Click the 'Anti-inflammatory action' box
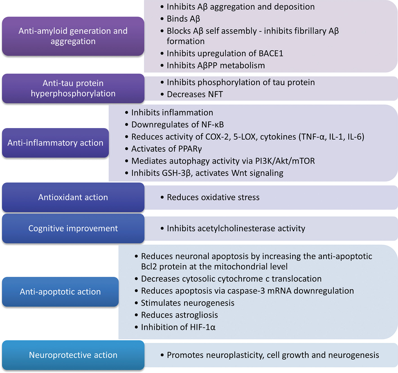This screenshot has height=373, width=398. [55, 143]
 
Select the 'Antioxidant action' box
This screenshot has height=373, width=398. [73, 197]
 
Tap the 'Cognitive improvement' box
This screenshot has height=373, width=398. [73, 228]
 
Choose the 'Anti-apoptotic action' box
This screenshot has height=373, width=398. [60, 292]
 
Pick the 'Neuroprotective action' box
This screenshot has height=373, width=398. [73, 355]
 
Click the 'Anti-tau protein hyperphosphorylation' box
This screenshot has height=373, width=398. [73, 88]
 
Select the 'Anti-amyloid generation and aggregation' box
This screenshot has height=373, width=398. [73, 36]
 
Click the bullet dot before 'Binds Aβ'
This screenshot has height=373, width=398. [162, 19]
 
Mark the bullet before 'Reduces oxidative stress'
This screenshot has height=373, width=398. [162, 198]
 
